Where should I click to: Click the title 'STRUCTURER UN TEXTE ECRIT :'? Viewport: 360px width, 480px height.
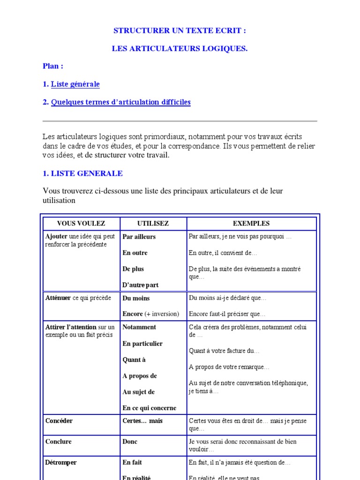pos(180,31)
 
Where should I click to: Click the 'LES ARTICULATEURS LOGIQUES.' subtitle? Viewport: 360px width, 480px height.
pos(180,49)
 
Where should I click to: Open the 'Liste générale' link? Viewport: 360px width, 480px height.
pos(75,84)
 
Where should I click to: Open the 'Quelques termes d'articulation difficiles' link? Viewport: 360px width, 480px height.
pos(120,102)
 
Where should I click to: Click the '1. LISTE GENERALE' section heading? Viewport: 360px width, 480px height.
pos(82,173)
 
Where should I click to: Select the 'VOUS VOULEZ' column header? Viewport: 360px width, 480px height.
pos(81,224)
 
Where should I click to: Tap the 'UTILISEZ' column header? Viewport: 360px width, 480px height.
pos(153,224)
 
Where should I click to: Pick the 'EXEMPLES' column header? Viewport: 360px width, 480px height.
pos(251,224)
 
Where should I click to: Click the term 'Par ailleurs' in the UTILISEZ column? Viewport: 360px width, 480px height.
pos(139,237)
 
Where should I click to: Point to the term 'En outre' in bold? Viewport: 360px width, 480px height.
pos(135,253)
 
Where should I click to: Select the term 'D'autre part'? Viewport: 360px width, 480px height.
pos(141,285)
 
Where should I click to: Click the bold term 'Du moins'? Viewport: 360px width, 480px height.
pos(136,298)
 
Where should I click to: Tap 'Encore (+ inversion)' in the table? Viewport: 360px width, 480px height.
pos(150,314)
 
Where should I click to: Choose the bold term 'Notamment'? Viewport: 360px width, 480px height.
pos(139,327)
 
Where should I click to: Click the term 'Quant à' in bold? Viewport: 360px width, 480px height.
pos(134,360)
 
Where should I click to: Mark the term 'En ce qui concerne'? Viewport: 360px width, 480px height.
pos(150,408)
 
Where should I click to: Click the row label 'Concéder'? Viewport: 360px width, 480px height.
pos(59,421)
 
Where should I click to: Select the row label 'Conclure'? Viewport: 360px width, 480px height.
pos(59,442)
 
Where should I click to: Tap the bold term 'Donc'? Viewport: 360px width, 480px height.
pos(130,442)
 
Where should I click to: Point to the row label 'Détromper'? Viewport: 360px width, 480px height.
pos(61,463)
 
